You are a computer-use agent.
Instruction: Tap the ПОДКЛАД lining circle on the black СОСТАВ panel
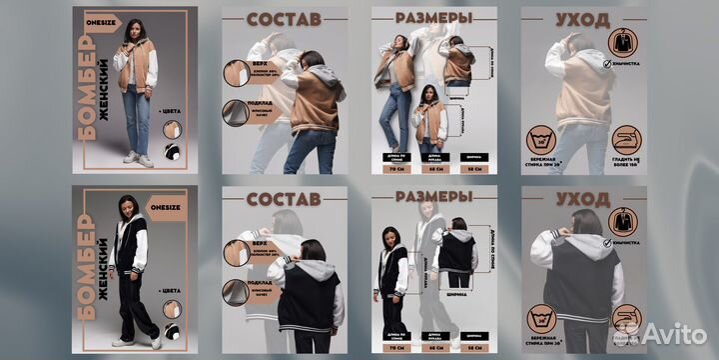[x=237, y=291]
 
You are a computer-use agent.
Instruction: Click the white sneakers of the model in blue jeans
[x=137, y=158]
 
